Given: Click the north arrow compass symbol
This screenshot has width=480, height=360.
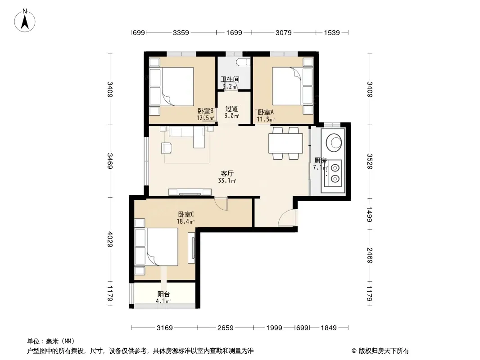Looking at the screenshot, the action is pos(25,21).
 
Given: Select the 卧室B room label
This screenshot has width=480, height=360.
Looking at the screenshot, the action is pos(205,111).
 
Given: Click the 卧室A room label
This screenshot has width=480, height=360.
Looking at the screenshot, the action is pos(266,112).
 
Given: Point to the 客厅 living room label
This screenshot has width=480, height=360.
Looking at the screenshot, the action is pos(227,173).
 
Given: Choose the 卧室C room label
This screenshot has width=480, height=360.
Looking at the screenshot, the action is pos(186,214).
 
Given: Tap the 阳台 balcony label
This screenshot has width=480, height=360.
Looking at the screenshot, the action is pos(163,294).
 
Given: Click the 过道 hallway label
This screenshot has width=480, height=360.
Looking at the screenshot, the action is pos(231,108).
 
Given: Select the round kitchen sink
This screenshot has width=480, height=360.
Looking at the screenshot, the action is pos(334,143).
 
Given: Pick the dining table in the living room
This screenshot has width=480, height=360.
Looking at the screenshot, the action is pos(285,143).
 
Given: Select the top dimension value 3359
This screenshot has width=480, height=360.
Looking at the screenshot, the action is pos(181,32).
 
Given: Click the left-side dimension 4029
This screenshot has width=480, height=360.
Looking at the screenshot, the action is pos(110,239).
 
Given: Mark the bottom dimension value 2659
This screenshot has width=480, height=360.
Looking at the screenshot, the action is pos(225,328).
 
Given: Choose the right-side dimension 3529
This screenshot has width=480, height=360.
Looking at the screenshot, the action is pos(370,161).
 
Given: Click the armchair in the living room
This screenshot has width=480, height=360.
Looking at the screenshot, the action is pos(167,148).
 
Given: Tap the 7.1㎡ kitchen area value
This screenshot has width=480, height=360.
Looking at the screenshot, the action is pos(320,167).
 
